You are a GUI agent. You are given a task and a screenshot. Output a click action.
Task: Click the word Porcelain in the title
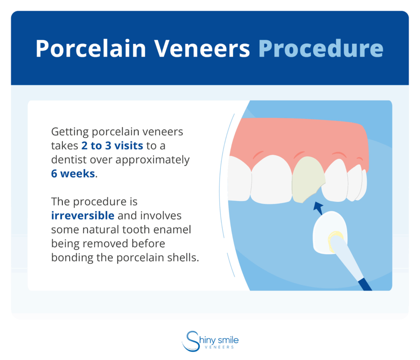point(91,49)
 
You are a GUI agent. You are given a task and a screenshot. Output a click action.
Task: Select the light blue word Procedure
point(321,49)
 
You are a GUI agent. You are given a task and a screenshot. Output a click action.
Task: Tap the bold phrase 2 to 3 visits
point(112,146)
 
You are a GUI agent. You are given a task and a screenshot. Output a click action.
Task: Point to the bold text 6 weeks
point(73,173)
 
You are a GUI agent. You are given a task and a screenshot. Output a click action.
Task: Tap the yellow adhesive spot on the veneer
point(335,237)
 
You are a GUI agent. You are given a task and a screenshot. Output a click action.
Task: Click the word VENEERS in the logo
point(220,347)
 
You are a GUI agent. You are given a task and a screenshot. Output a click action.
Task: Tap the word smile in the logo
point(228,340)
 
